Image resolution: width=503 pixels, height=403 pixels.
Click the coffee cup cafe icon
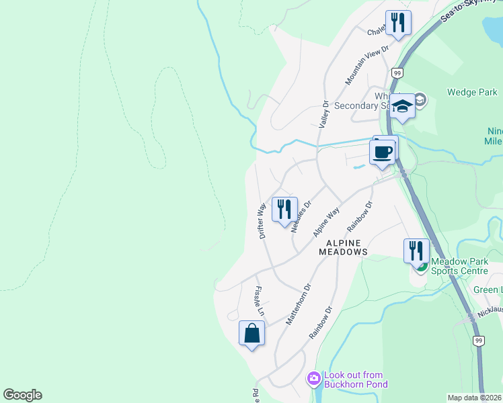(x=383, y=151)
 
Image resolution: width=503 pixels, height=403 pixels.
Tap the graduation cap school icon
(x=403, y=107)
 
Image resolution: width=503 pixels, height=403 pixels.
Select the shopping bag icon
(x=251, y=333)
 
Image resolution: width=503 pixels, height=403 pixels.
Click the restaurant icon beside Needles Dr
(x=284, y=208)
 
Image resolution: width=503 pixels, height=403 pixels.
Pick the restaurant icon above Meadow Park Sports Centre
(x=416, y=251)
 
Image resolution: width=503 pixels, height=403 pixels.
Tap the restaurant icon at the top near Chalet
(x=398, y=23)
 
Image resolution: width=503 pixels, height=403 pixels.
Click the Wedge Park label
(x=471, y=92)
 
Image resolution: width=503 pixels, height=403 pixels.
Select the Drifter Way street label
(x=262, y=219)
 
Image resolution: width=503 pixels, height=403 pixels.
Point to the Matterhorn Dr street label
(x=299, y=304)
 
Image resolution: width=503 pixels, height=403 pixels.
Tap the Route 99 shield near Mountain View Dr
(x=397, y=73)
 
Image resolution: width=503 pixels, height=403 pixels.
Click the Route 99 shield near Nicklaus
(x=477, y=341)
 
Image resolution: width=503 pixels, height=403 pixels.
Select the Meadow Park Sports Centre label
(x=459, y=266)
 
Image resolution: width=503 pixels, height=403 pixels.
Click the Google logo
(x=22, y=395)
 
